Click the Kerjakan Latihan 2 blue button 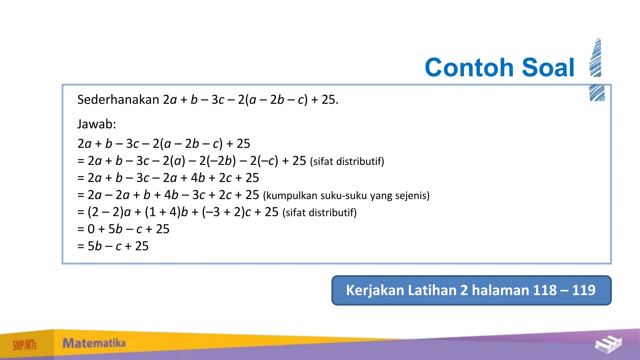click(471, 290)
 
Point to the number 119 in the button click(584, 290)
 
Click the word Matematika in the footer click(94, 343)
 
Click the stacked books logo click(608, 345)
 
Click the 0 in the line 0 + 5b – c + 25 click(91, 229)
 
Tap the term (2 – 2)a click(109, 212)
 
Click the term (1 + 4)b click(166, 212)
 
